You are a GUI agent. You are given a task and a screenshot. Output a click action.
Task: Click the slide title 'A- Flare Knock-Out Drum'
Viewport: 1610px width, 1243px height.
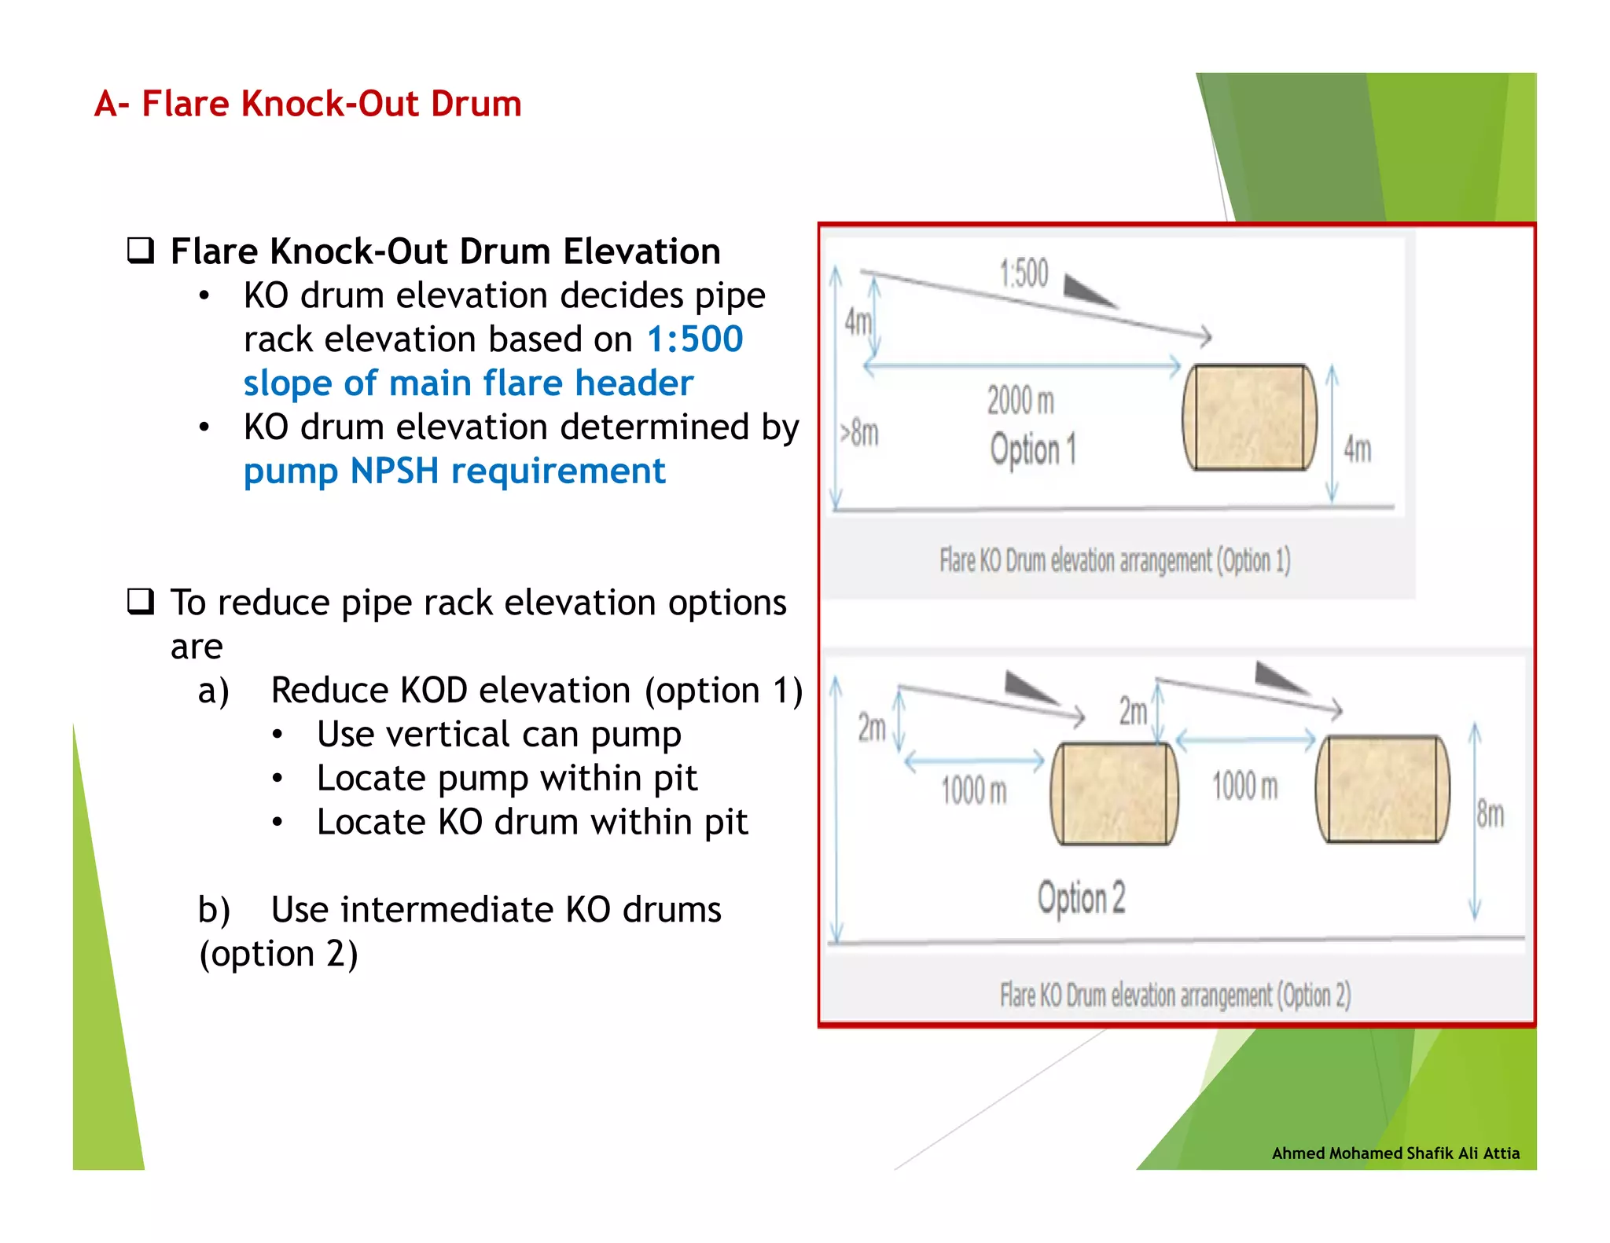tap(307, 104)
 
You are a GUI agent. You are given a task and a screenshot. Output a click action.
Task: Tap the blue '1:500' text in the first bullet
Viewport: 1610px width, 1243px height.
tap(694, 339)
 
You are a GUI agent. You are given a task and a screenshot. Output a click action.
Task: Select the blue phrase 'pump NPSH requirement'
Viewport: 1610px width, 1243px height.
tap(454, 471)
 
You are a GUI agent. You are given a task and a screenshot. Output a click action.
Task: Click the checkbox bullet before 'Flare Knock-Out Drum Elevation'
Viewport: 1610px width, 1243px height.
tap(141, 251)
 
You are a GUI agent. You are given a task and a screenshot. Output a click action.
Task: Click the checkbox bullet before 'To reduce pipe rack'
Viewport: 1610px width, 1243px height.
tap(141, 602)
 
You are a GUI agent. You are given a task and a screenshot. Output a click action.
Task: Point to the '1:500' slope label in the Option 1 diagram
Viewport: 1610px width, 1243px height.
tap(1024, 273)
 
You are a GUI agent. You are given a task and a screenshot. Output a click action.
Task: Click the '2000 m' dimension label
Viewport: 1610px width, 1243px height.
tap(1020, 401)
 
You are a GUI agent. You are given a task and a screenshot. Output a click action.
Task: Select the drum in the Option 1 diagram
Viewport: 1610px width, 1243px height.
tap(1249, 417)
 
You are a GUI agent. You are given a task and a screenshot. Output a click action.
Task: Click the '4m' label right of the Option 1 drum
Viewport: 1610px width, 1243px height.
tap(1357, 449)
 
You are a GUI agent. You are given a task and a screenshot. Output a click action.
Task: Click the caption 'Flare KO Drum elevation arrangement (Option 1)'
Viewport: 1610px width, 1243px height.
tap(1115, 561)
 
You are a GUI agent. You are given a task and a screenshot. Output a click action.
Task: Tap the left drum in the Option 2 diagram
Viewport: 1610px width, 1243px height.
tap(1114, 794)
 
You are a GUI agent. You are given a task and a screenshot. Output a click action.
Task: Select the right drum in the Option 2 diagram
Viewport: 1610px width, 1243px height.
tap(1382, 789)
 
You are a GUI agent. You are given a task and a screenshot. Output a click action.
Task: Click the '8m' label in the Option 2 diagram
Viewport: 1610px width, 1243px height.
tap(1490, 814)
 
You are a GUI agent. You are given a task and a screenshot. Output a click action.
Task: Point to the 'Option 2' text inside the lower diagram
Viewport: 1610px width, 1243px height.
tap(1081, 898)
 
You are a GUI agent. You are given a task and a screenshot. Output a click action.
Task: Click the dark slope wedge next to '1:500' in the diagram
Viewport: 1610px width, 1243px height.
tap(1087, 290)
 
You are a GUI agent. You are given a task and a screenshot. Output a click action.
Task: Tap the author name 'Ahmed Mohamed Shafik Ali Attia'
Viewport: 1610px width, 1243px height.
tap(1395, 1153)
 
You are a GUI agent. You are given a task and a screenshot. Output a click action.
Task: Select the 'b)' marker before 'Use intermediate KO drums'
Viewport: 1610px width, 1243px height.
tap(214, 910)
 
